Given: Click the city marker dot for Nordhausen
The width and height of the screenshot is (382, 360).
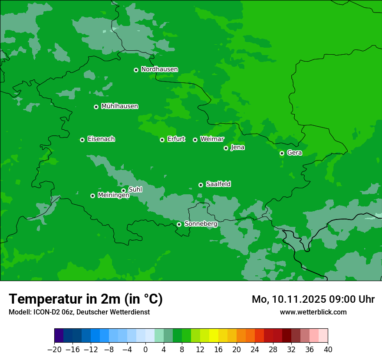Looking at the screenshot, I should tap(136, 70).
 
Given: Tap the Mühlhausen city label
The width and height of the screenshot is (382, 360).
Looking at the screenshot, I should tap(119, 106).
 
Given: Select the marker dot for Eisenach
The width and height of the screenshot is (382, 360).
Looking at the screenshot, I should tap(82, 140).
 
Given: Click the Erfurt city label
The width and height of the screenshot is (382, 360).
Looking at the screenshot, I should tap(176, 139).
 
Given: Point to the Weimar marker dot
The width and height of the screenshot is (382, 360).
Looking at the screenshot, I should tap(195, 140).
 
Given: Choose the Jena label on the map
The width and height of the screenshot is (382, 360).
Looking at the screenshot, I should tap(237, 147).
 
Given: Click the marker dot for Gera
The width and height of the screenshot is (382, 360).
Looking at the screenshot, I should tap(282, 153).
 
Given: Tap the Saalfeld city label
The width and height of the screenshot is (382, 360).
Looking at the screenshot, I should tap(218, 184).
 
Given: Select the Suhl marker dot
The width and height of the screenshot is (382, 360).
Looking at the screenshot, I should tap(123, 190).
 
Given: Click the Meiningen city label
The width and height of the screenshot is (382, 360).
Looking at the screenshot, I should tap(113, 196).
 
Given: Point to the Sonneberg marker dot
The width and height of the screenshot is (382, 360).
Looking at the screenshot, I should tap(179, 224).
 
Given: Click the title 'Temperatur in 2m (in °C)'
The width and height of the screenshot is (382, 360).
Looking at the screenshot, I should tap(86, 299).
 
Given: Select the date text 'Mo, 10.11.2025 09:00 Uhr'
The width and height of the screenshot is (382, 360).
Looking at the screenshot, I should tap(313, 299).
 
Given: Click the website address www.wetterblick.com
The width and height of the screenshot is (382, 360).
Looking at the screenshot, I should tap(313, 312).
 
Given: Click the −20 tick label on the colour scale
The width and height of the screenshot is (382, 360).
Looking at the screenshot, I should tap(54, 350).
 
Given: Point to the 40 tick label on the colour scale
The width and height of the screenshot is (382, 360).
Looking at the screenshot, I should tap(328, 350).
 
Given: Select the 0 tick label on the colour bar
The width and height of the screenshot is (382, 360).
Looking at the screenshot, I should tap(145, 350).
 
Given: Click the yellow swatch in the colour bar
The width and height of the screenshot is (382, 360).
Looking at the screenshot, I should tap(214, 336).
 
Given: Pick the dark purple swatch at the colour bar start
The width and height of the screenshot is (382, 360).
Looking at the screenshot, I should tap(59, 336).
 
